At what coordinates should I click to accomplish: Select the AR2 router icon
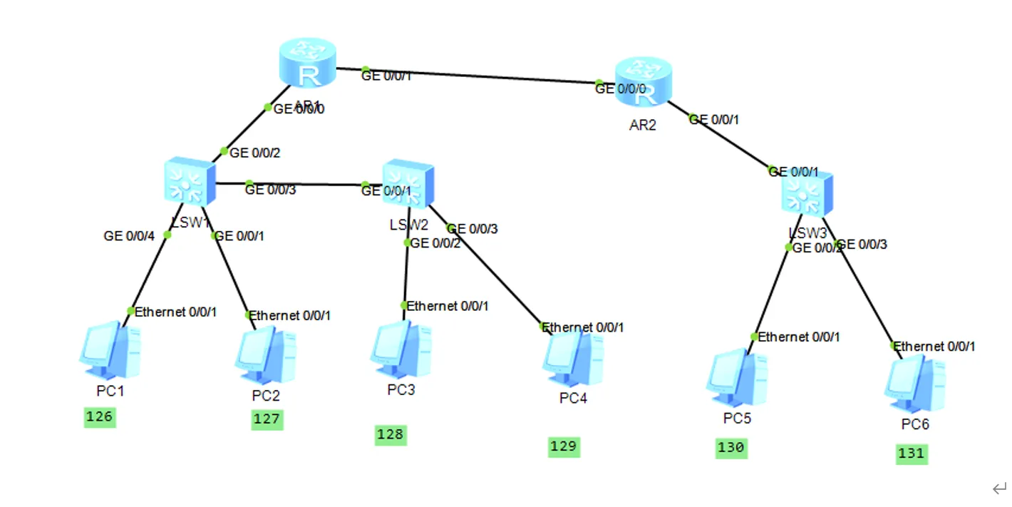coord(644,83)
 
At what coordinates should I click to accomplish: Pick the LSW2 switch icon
coord(408,185)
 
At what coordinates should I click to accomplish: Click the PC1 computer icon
coord(110,350)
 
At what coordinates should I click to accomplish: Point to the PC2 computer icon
coord(265,355)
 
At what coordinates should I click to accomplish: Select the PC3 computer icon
coord(401,349)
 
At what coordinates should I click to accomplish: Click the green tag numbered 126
coord(99,417)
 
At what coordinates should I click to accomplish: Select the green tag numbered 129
coord(564,447)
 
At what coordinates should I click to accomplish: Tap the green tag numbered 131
coord(912,454)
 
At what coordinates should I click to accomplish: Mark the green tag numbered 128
coord(391,434)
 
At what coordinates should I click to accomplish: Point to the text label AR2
coord(643,126)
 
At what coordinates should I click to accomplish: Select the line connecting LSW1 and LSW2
coord(299,185)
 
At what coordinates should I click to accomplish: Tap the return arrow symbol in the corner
coord(998,489)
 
